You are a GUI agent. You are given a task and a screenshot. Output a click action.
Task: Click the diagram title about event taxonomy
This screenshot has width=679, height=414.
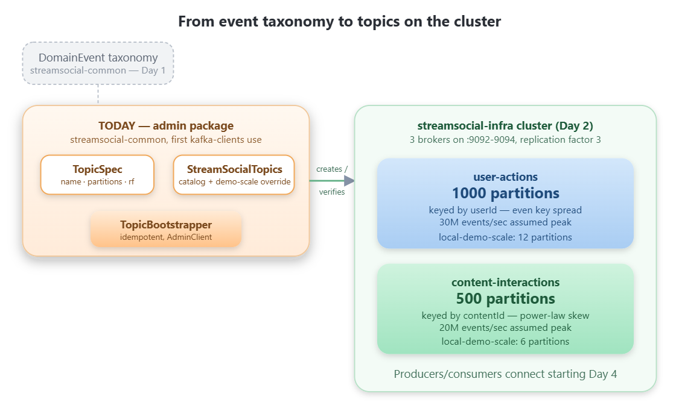coord(339,22)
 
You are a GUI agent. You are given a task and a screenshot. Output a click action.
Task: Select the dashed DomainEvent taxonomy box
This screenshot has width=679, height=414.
coord(98,63)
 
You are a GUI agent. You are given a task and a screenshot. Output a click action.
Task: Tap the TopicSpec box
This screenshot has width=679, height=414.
coord(97,175)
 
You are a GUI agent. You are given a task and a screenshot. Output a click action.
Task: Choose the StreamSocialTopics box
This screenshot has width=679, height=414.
coord(234,175)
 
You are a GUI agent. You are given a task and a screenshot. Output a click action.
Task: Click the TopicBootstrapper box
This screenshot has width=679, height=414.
coord(166,230)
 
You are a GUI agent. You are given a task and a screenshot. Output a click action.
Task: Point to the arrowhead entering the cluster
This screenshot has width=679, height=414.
coord(349,181)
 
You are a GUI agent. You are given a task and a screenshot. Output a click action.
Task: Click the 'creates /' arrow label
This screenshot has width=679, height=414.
coord(332,169)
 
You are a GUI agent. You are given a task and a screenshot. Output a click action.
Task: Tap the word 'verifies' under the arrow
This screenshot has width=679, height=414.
coord(332,192)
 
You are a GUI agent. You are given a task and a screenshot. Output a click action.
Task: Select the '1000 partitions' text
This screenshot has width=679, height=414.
coord(505,193)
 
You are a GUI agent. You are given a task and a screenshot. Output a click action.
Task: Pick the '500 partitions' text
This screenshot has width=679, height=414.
coord(505,299)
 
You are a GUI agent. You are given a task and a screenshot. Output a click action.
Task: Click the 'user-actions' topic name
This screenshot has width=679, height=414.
coord(505,177)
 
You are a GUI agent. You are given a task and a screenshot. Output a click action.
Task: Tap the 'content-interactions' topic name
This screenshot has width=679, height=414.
coord(505,282)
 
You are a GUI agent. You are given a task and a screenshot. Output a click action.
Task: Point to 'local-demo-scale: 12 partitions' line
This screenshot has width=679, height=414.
coord(505,237)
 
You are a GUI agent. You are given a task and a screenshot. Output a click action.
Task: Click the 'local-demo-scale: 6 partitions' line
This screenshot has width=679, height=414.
coord(505,342)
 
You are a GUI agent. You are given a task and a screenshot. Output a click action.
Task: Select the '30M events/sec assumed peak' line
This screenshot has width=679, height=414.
coord(505,222)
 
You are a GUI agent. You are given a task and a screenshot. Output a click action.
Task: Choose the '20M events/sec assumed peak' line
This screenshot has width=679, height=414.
coord(505,328)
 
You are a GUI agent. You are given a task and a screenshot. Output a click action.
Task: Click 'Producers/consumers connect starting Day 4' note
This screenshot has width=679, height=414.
coord(505,374)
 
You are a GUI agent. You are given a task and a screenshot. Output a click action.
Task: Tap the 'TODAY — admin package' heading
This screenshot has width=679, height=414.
coord(166,126)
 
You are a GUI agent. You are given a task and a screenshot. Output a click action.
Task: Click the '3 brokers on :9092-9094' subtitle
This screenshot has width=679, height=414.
coord(505,140)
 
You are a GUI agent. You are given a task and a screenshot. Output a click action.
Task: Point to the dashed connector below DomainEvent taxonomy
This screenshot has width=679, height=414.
coord(98,95)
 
